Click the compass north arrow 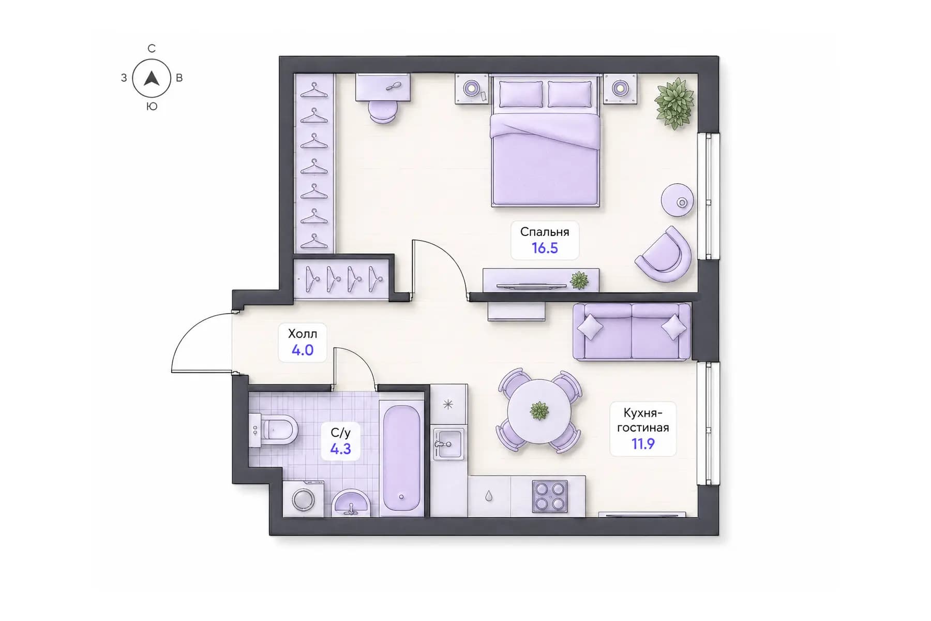(x=151, y=79)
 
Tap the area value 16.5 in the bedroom (x=545, y=248)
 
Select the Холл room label (x=303, y=333)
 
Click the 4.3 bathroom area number (x=340, y=449)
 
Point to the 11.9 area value (x=643, y=443)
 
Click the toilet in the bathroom (x=274, y=430)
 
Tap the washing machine (x=303, y=499)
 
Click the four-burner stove (x=550, y=496)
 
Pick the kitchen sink (x=448, y=444)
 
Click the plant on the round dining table (x=539, y=411)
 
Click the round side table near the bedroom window (x=678, y=200)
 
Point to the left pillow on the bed (x=521, y=94)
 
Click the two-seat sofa (x=632, y=332)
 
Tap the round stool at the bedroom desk (x=383, y=112)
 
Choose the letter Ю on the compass (x=152, y=107)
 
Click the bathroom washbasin (x=351, y=503)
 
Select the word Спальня (x=545, y=232)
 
